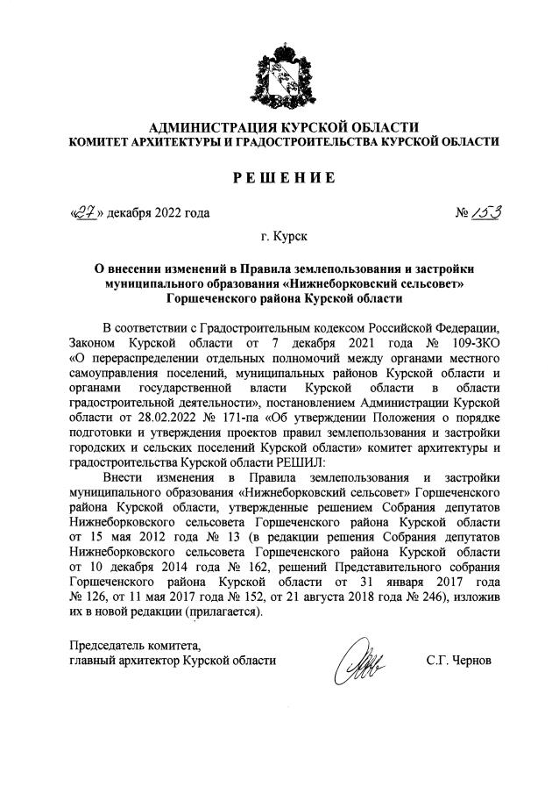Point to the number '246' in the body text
tap(417, 597)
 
